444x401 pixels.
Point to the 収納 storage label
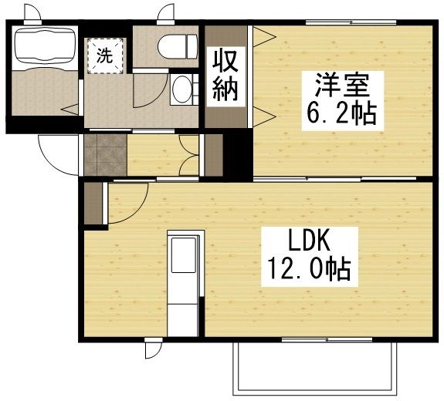click(225, 75)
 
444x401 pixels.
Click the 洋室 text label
click(337, 82)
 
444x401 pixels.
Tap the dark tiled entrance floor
click(103, 154)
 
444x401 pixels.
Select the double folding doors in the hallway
click(188, 155)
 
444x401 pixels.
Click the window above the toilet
click(167, 13)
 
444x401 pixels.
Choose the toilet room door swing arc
click(147, 93)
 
